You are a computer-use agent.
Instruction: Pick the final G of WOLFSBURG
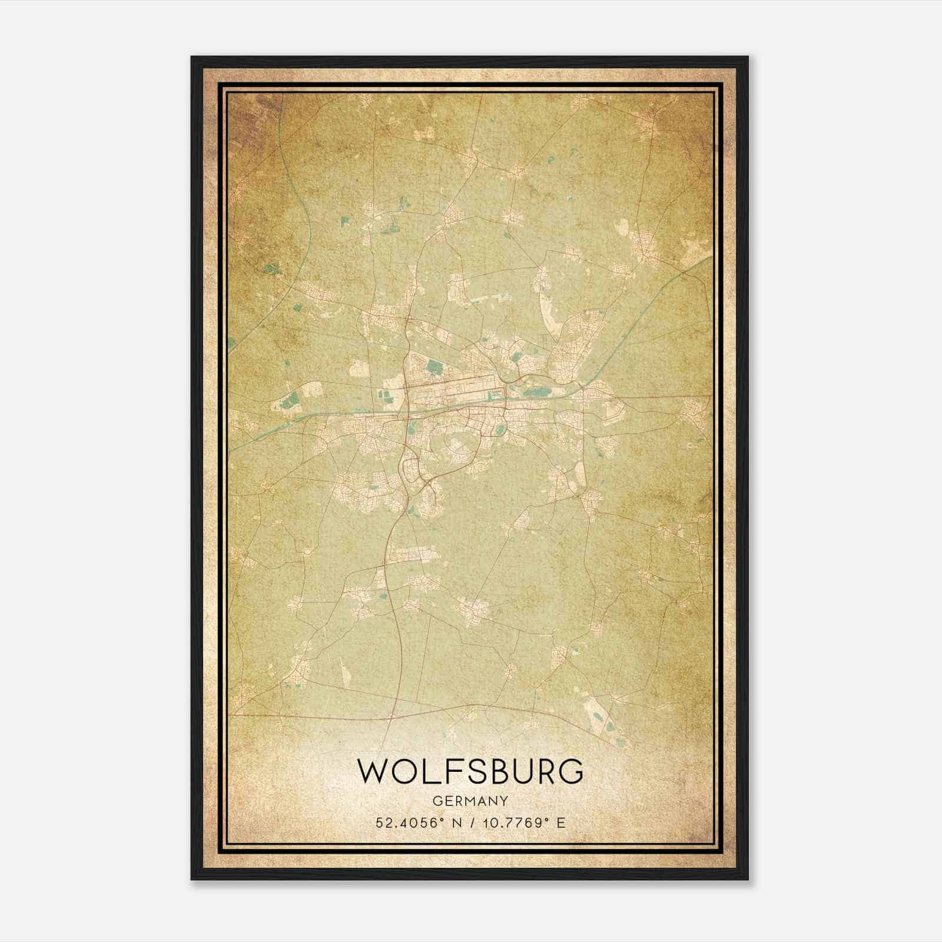click(570, 772)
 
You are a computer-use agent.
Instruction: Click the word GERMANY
click(470, 801)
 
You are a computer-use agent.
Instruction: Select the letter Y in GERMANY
click(504, 801)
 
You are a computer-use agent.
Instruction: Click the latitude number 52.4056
click(404, 822)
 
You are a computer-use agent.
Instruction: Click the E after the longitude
click(561, 822)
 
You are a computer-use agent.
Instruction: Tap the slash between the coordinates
click(472, 822)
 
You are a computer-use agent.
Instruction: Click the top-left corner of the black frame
click(192, 57)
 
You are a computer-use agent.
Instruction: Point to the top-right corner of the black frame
click(748, 57)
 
